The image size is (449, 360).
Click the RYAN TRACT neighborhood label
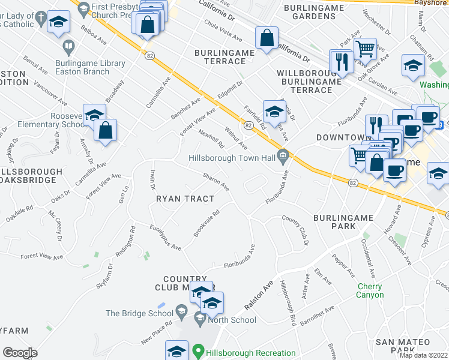pos(185,199)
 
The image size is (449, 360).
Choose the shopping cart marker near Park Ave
pos(365,49)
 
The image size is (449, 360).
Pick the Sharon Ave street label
pos(216,182)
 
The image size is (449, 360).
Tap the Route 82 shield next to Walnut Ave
pos(247,125)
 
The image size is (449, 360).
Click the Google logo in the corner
pos(20,352)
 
